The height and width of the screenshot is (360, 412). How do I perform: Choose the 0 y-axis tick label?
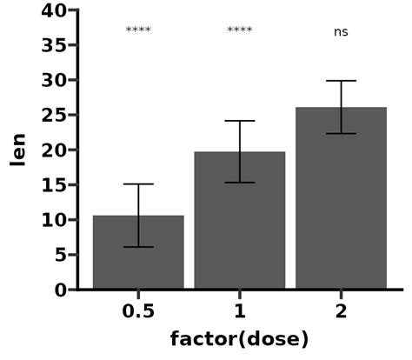coord(60,290)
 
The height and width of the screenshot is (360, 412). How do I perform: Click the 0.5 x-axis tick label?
coord(138,311)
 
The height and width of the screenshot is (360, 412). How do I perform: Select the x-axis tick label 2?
coord(341,311)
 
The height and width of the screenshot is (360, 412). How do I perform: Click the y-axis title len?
coord(17,150)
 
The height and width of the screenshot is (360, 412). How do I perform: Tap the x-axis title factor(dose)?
coord(239,338)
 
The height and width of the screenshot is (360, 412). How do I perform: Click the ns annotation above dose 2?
coord(341,32)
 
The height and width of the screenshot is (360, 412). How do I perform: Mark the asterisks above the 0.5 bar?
coord(138,30)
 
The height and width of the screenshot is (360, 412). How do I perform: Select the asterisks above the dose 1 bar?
coord(239,30)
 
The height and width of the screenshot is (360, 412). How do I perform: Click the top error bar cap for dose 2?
coord(341,81)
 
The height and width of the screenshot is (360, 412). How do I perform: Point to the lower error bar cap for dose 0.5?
coord(138,247)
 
